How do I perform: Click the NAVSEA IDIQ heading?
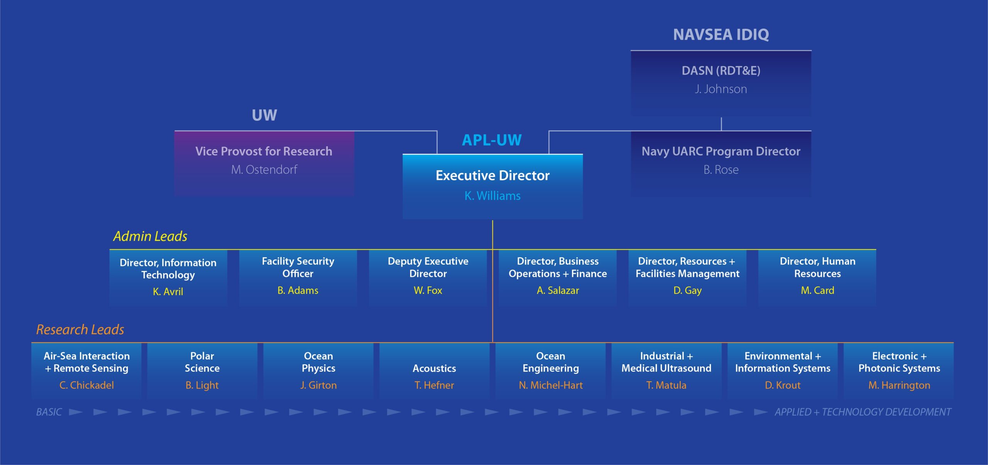point(721,35)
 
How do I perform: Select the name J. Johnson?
point(721,89)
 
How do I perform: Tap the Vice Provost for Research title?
point(264,151)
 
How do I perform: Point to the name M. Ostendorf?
point(264,170)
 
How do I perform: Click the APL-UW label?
point(492,140)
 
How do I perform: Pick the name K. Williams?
point(492,196)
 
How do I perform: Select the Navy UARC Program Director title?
point(721,151)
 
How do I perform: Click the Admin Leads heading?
point(150,236)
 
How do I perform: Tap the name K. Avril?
point(168,292)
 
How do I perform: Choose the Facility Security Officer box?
point(298,278)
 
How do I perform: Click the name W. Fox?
point(428,290)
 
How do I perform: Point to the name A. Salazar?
point(558,290)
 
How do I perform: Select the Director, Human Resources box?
point(817,278)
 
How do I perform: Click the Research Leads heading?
point(80,329)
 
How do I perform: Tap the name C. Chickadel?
point(86,385)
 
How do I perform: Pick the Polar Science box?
point(202,371)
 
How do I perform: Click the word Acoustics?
point(434,368)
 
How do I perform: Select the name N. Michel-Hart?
point(551,385)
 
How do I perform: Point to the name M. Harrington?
point(899,385)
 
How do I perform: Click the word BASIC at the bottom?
point(49,412)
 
